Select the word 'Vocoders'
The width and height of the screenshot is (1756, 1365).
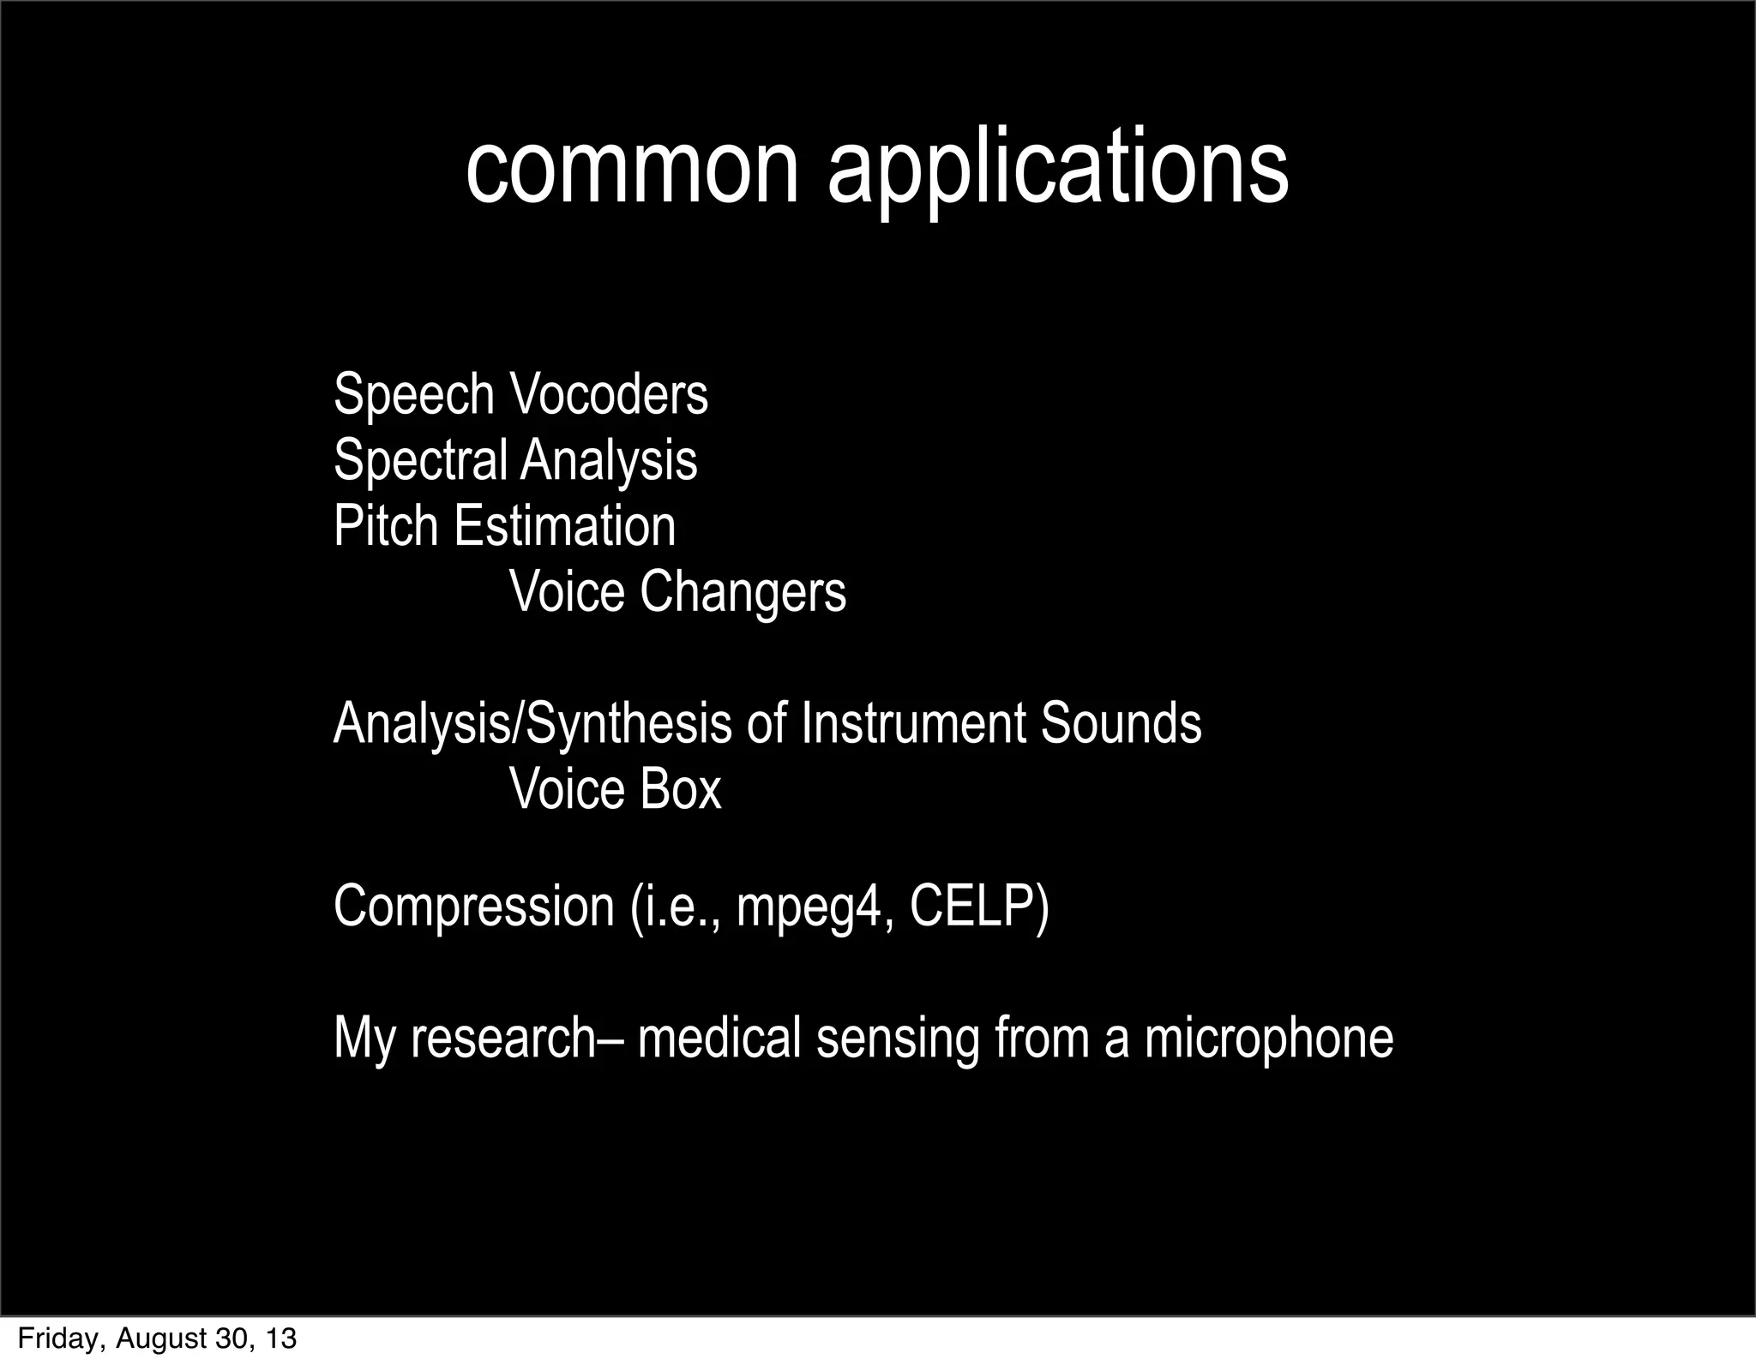pos(609,395)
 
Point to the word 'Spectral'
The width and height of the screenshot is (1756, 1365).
pos(420,460)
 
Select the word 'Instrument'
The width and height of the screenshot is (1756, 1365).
pos(913,723)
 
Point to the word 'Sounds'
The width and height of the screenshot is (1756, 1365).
pos(1121,723)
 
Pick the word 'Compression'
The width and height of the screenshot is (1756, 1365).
pos(474,906)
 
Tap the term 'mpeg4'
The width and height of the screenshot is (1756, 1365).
pos(809,907)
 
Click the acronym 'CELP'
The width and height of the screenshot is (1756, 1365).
pos(978,906)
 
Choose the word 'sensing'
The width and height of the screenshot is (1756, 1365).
pos(898,1039)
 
